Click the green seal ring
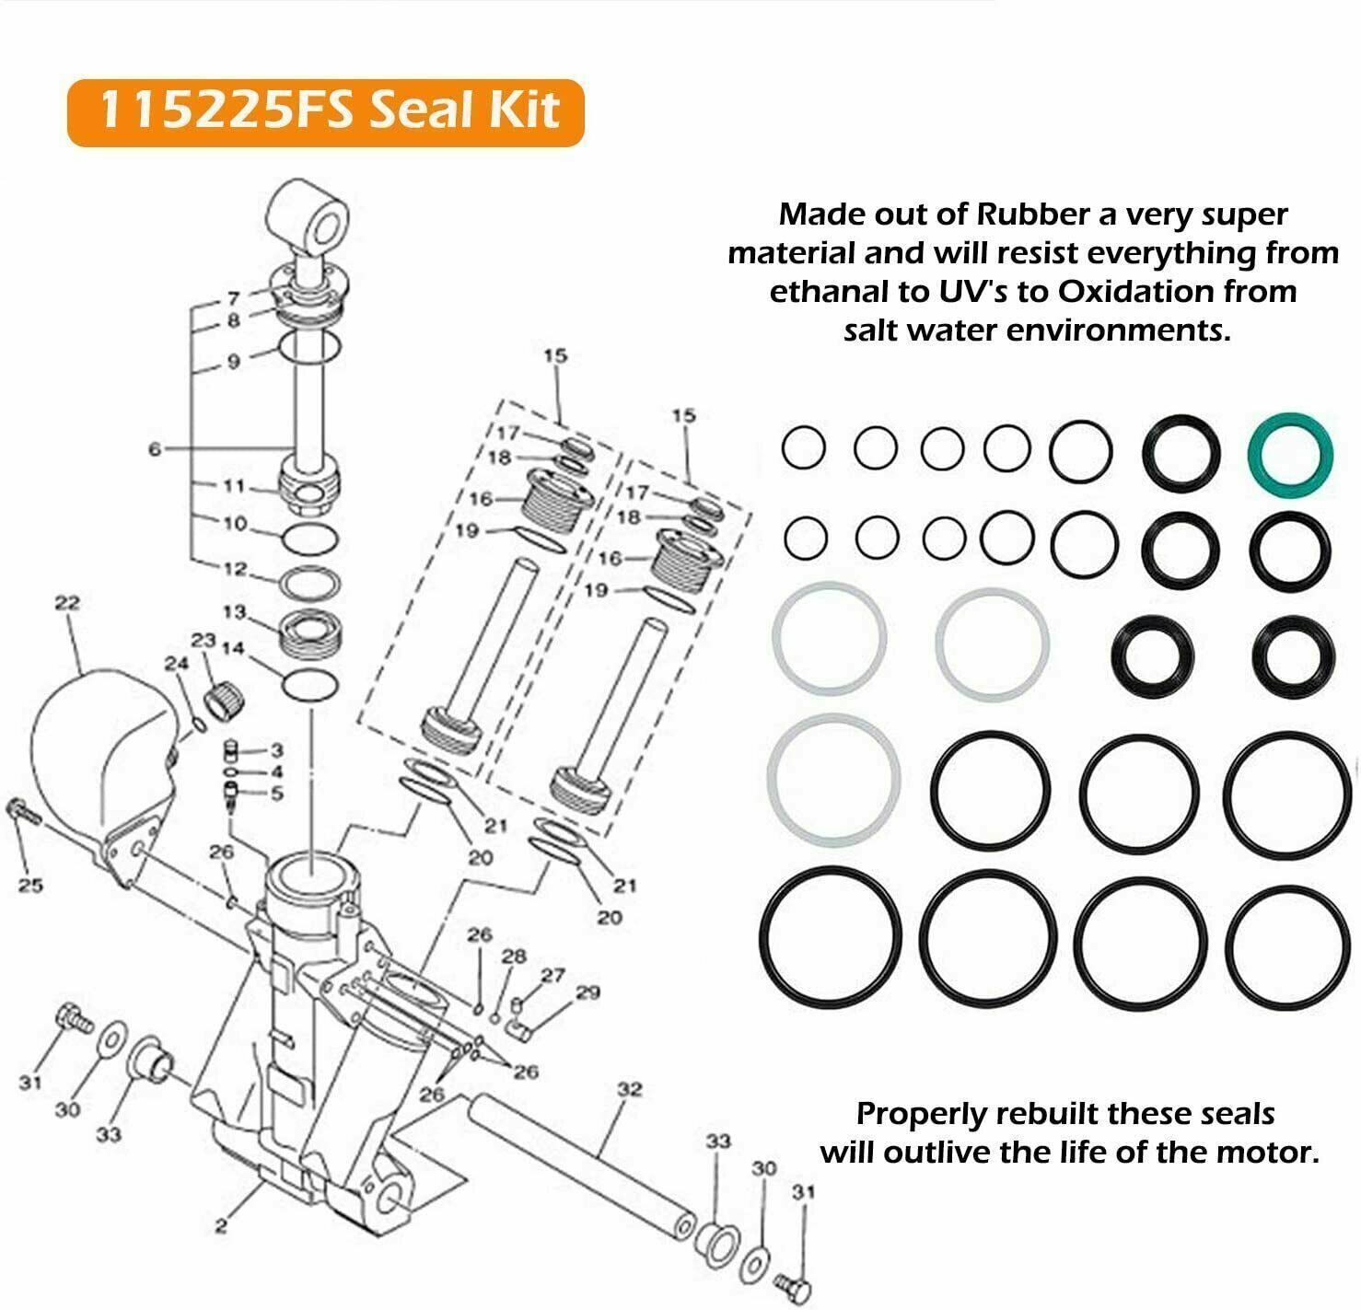1289,452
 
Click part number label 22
67,603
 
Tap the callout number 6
155,448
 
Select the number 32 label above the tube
629,1089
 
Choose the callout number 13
235,611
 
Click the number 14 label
233,648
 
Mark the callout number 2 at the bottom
221,1225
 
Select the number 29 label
587,991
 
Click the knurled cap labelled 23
226,702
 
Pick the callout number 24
175,663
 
